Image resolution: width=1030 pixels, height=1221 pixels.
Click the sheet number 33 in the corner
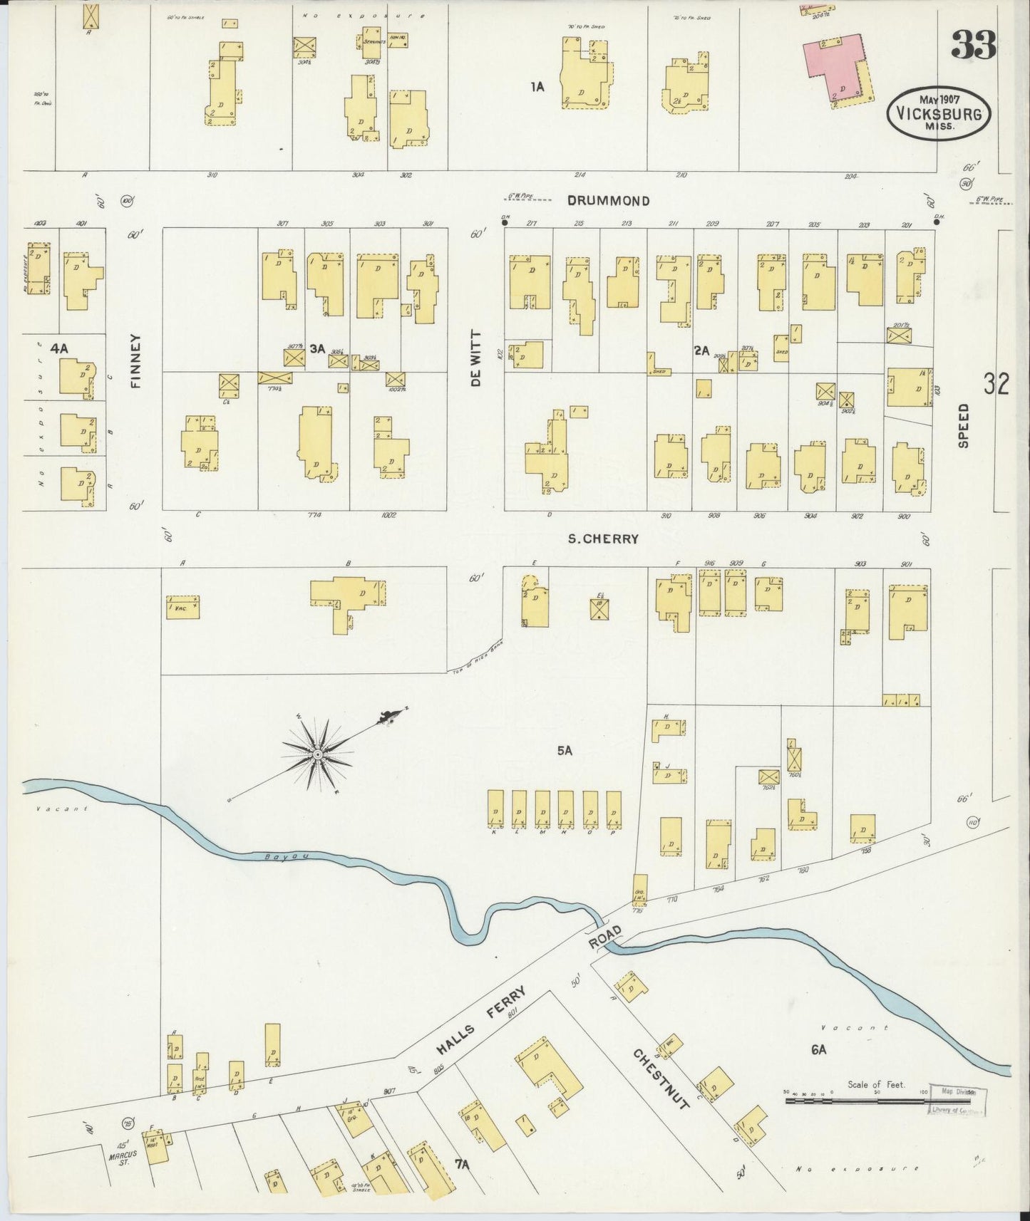[x=973, y=48]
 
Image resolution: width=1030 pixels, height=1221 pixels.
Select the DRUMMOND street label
[x=608, y=202]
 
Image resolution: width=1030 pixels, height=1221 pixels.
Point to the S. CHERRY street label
[x=603, y=539]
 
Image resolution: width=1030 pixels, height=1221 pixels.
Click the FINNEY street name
[x=138, y=361]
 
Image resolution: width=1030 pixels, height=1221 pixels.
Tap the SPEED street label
[x=963, y=426]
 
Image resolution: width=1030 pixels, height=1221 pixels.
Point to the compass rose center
[x=318, y=753]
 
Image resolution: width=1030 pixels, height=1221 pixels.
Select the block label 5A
[x=565, y=750]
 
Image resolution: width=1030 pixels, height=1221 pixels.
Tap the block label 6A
[x=818, y=1049]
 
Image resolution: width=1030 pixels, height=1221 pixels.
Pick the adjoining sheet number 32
[x=996, y=385]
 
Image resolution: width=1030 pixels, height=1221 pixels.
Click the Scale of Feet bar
[x=855, y=1101]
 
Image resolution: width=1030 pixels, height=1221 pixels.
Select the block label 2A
[x=701, y=350]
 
